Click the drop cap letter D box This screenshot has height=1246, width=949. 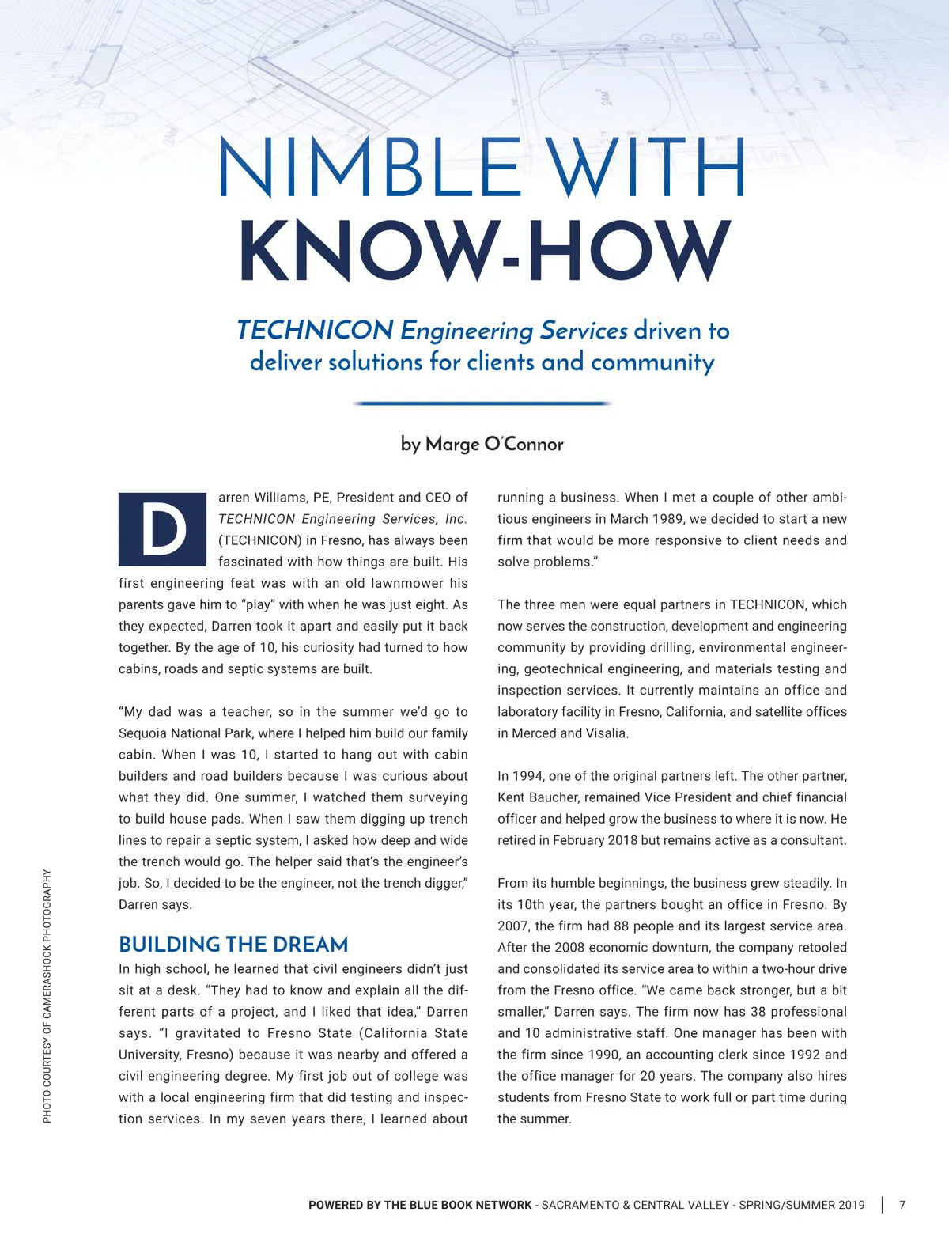(162, 529)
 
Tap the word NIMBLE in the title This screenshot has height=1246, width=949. (368, 168)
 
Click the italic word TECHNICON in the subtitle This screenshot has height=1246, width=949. (315, 330)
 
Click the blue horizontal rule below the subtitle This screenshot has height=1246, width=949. (482, 403)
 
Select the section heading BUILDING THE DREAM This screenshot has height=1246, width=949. (233, 945)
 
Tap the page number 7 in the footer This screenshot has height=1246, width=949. (902, 1205)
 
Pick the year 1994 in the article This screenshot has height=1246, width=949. (527, 776)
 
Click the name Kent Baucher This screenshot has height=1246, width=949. (535, 797)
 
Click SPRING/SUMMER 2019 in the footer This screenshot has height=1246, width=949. (802, 1205)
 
